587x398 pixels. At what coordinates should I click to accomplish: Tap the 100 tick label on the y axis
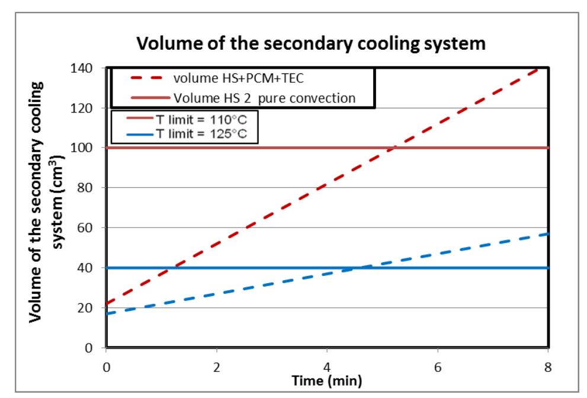coord(86,147)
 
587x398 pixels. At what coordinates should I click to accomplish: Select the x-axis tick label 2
coord(217,367)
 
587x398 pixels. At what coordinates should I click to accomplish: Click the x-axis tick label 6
coord(438,367)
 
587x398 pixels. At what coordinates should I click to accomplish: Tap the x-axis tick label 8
coord(548,367)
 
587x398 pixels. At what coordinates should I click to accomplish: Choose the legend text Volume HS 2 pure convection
coord(264,98)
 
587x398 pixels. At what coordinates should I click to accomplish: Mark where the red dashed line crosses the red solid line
coord(393,147)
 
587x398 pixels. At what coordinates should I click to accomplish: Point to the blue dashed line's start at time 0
coord(107,313)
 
